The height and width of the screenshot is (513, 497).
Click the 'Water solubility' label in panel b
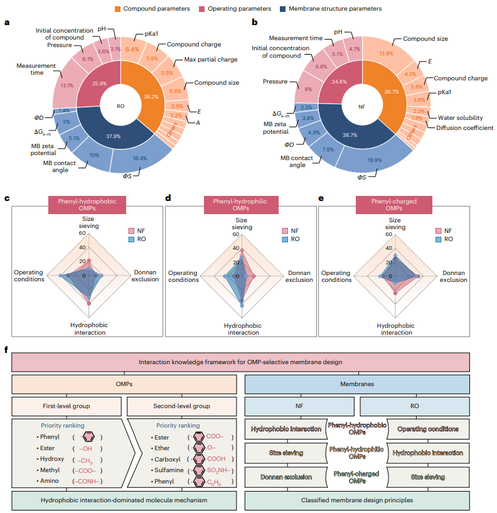[x=461, y=116]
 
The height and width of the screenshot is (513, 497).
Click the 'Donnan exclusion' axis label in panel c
[x=144, y=276]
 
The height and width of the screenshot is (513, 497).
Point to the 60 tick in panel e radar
[x=389, y=234]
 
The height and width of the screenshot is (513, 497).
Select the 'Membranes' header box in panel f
[x=357, y=384]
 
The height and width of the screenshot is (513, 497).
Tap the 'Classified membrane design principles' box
[x=357, y=500]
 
